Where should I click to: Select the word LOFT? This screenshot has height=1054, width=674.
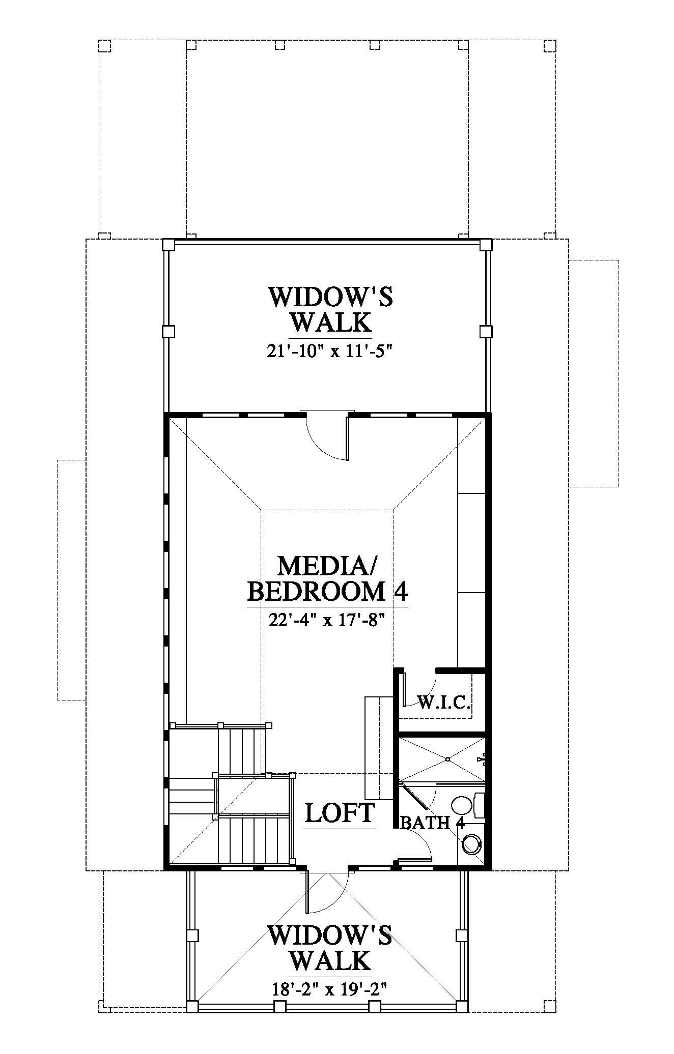click(340, 812)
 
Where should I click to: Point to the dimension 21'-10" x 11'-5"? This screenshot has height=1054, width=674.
click(330, 352)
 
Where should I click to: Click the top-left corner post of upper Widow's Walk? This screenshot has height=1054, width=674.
click(168, 245)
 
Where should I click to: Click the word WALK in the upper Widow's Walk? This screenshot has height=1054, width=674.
click(330, 322)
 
